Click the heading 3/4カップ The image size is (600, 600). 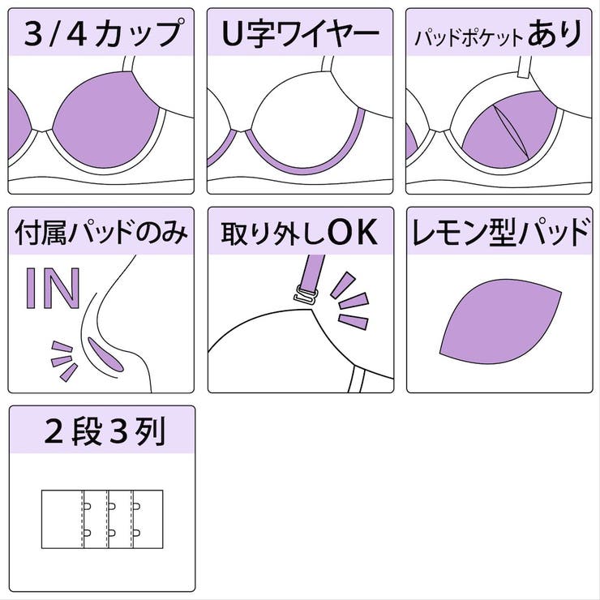click(x=101, y=34)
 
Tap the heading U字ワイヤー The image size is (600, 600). click(x=300, y=34)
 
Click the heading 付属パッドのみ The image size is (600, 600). click(x=101, y=234)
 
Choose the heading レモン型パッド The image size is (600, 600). click(x=499, y=234)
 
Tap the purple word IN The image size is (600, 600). click(x=54, y=287)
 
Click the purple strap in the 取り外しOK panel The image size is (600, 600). click(x=310, y=272)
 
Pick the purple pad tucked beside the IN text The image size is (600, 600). click(x=106, y=354)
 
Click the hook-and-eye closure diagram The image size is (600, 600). click(x=102, y=518)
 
